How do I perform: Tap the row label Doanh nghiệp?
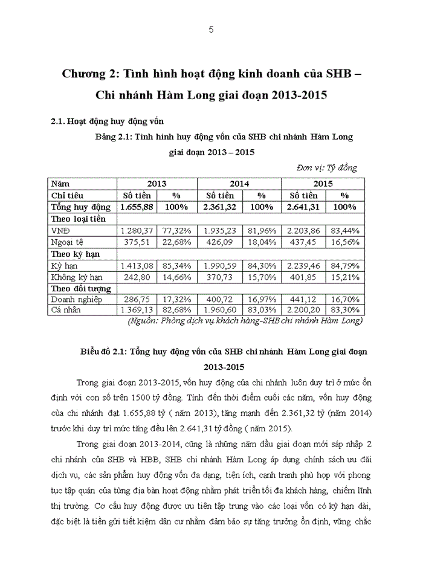pyautogui.click(x=77, y=298)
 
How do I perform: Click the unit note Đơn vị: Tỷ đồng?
pyautogui.click(x=327, y=167)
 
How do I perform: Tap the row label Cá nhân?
pyautogui.click(x=67, y=310)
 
